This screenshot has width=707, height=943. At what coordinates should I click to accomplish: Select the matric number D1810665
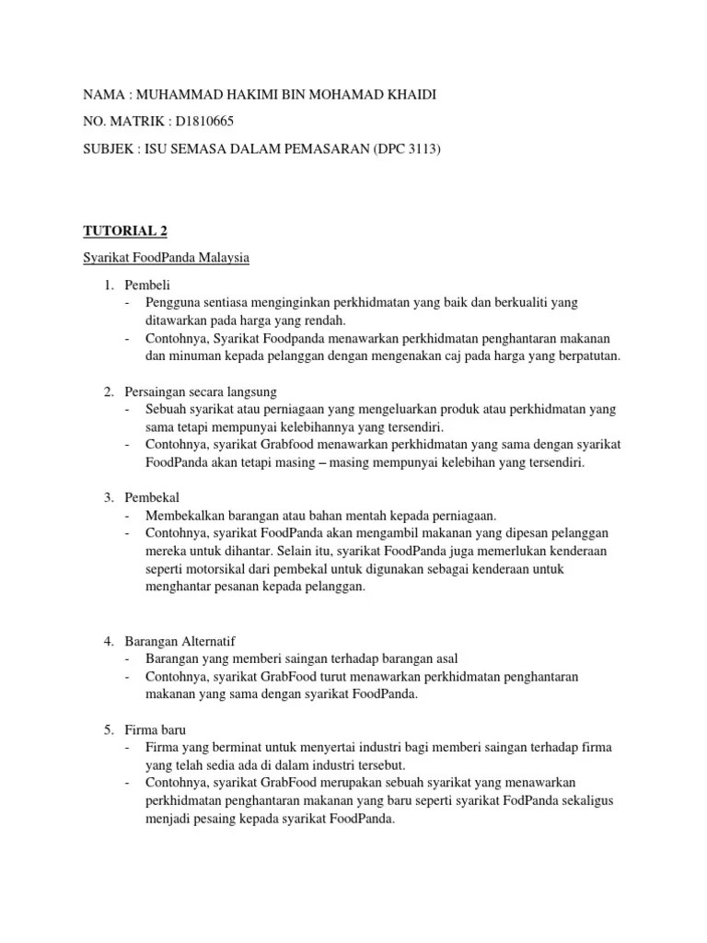coord(216,119)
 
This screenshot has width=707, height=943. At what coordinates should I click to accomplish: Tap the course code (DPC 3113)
coord(407,148)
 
